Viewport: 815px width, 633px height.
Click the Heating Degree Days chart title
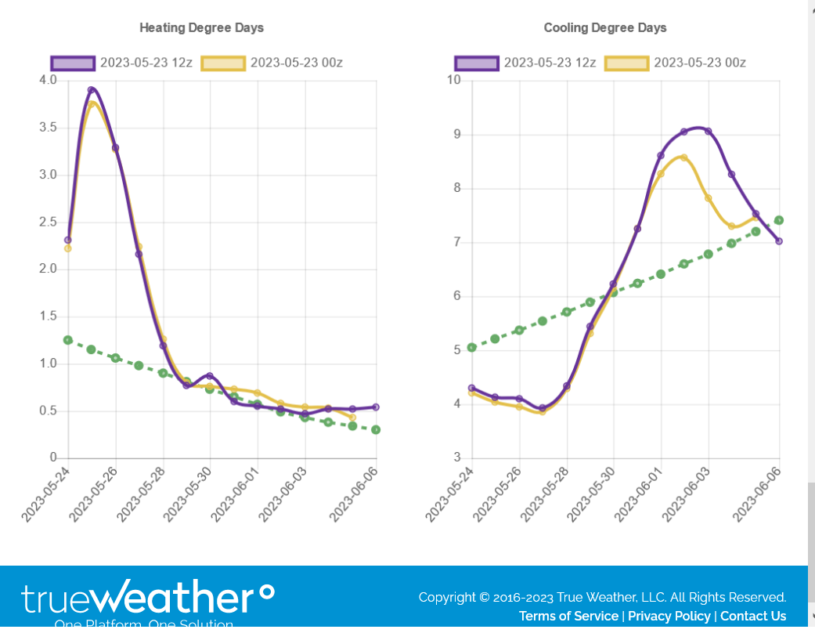[x=201, y=27]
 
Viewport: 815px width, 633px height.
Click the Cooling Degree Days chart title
[x=605, y=27]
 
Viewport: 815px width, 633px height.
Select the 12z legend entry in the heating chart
[x=121, y=63]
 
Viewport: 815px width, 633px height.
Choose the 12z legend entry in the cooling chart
[x=525, y=63]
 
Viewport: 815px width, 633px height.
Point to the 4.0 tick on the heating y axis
[x=48, y=80]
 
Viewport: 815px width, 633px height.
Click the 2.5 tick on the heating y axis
[x=48, y=222]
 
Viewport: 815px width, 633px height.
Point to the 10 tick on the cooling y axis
[x=453, y=80]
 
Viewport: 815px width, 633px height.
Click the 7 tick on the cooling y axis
[x=456, y=242]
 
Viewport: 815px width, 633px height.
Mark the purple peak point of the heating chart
[x=92, y=90]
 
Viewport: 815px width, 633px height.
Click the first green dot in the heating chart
[x=68, y=340]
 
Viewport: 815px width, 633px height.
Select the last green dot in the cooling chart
[x=779, y=220]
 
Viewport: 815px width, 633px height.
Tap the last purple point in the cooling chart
[x=779, y=241]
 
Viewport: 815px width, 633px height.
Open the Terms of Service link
[x=568, y=616]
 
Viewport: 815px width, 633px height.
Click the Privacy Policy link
[x=669, y=616]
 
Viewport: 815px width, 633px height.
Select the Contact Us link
[x=753, y=616]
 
